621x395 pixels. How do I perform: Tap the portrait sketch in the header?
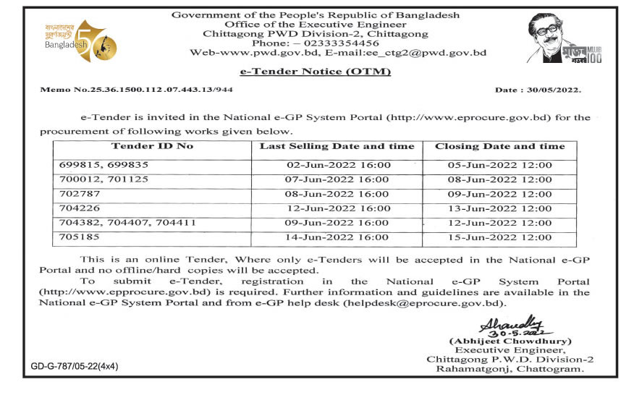pos(554,40)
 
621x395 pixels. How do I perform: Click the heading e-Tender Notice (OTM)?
pos(315,72)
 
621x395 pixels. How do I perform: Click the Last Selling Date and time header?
pos(337,147)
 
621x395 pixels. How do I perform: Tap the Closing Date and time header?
pos(499,147)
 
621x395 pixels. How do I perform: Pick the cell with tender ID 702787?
pos(80,194)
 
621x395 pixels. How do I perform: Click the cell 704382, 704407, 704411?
pos(127,223)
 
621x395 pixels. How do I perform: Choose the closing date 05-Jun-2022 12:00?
pos(500,165)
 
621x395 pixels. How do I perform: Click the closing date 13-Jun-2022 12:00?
pos(500,208)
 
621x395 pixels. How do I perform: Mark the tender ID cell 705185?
pos(80,237)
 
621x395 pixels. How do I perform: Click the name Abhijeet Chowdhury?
pos(510,340)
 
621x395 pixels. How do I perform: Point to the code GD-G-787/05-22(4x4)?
pos(75,367)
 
